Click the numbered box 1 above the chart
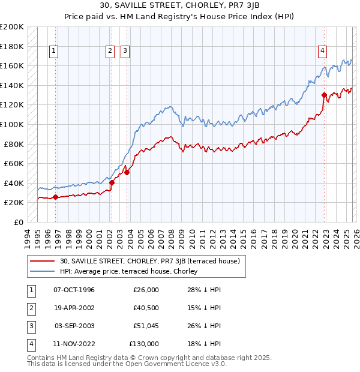pos(54,51)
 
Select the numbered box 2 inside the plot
pos(110,51)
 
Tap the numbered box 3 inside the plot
pos(125,51)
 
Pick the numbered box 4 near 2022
pos(322,51)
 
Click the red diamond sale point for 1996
pos(55,197)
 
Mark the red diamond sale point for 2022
pos(324,95)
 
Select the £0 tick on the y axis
pos(18,222)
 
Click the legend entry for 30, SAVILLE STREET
pos(150,261)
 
